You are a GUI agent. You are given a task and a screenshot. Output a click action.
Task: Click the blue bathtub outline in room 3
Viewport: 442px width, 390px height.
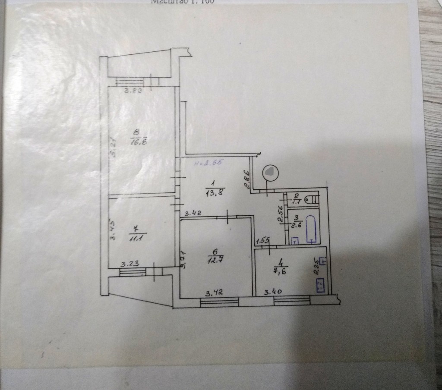312,229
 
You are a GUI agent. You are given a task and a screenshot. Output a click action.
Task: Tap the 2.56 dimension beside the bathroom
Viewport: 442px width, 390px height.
280,213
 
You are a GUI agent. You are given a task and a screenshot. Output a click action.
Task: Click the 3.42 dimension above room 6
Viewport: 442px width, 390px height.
192,213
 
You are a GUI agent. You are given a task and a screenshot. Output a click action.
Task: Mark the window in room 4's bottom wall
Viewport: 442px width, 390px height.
292,300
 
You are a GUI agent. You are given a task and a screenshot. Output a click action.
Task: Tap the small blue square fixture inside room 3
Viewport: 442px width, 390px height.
295,240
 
